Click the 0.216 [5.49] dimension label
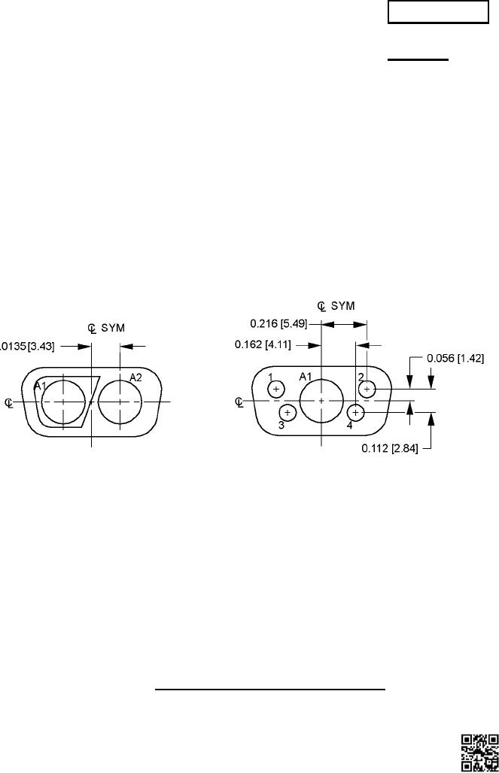[x=278, y=324]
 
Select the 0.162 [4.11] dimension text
[x=263, y=344]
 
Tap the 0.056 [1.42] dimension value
[x=455, y=359]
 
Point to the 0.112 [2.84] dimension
[x=390, y=449]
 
